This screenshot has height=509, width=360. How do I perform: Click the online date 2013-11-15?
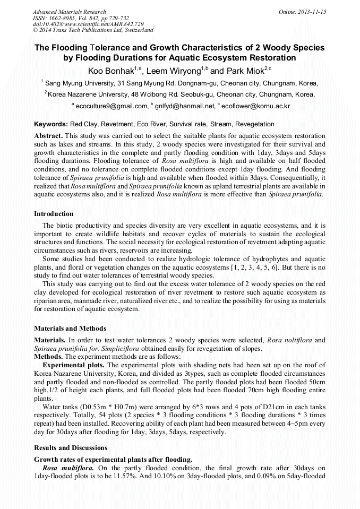(x=312, y=12)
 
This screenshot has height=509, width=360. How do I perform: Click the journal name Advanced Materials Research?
(x=69, y=12)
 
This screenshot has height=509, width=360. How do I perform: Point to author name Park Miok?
(x=244, y=71)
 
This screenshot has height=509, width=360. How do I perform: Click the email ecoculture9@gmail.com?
(x=112, y=106)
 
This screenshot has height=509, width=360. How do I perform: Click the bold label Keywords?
(x=53, y=124)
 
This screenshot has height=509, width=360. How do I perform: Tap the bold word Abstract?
(x=48, y=136)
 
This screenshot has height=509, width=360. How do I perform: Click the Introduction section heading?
(x=54, y=214)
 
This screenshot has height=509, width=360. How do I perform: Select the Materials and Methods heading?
(x=70, y=329)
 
